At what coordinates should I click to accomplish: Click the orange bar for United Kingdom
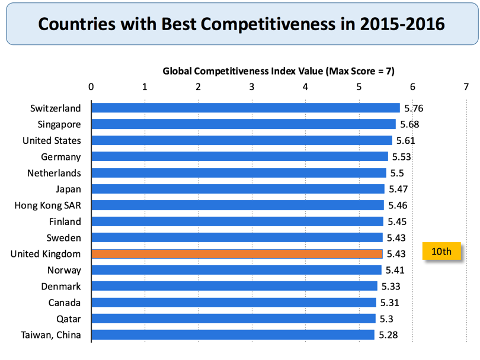pyautogui.click(x=237, y=253)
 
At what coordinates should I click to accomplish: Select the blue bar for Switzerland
pyautogui.click(x=246, y=108)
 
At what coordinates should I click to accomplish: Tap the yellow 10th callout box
pyautogui.click(x=441, y=251)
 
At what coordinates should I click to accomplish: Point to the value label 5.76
pyautogui.click(x=414, y=108)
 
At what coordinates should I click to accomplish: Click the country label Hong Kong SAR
pyautogui.click(x=48, y=205)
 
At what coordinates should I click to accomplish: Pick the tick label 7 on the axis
pyautogui.click(x=466, y=87)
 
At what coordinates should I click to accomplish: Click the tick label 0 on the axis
pyautogui.click(x=91, y=87)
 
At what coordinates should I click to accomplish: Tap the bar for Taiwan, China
pyautogui.click(x=233, y=335)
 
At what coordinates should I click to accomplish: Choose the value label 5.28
pyautogui.click(x=388, y=335)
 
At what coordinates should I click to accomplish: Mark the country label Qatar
pyautogui.click(x=68, y=319)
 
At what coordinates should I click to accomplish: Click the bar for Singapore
pyautogui.click(x=244, y=124)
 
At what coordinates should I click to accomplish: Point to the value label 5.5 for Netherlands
pyautogui.click(x=397, y=173)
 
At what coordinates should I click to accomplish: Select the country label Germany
pyautogui.click(x=61, y=157)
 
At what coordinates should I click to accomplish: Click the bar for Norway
pyautogui.click(x=236, y=270)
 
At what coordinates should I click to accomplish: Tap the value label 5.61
pyautogui.click(x=405, y=141)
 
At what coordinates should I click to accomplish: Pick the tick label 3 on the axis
pyautogui.click(x=252, y=87)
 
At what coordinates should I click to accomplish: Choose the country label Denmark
pyautogui.click(x=61, y=287)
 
